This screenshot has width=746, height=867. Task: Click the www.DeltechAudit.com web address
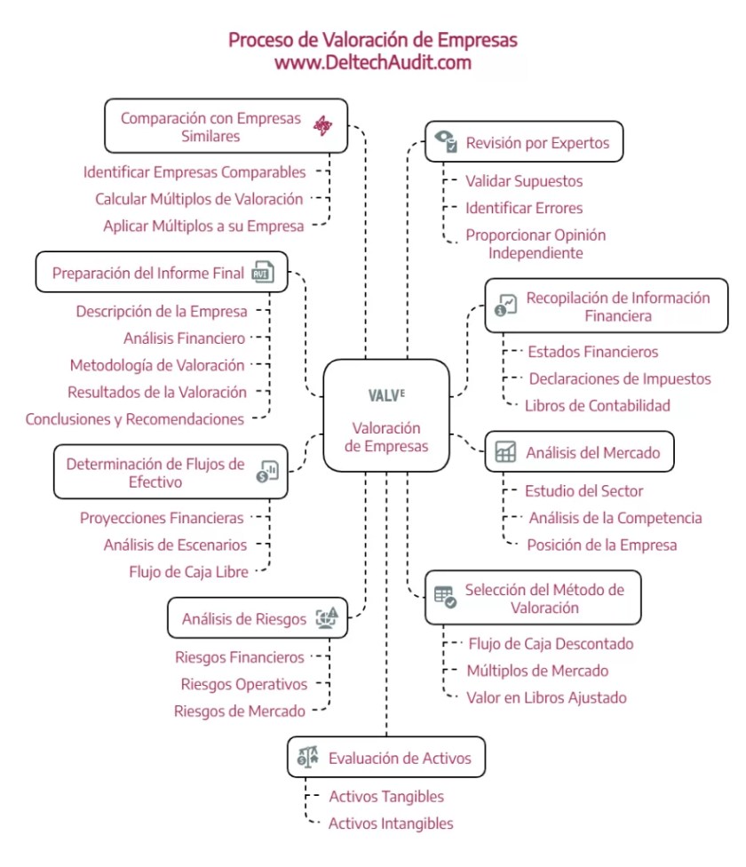(x=372, y=63)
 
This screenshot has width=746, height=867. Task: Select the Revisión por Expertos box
(x=522, y=142)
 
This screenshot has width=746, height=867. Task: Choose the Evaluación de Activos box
(x=386, y=758)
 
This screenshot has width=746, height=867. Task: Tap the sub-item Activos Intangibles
(x=391, y=823)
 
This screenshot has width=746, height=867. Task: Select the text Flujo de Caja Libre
(x=188, y=571)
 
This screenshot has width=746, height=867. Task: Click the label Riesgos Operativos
(x=243, y=684)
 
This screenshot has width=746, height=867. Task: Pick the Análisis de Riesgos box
(x=257, y=618)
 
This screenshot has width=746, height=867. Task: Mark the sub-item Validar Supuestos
(x=524, y=181)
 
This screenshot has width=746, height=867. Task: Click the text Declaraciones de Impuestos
(x=620, y=378)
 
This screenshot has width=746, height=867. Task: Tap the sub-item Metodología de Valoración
(x=156, y=365)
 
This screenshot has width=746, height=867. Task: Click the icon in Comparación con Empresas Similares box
(x=322, y=127)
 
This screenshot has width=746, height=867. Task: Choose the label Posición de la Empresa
(x=601, y=545)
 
